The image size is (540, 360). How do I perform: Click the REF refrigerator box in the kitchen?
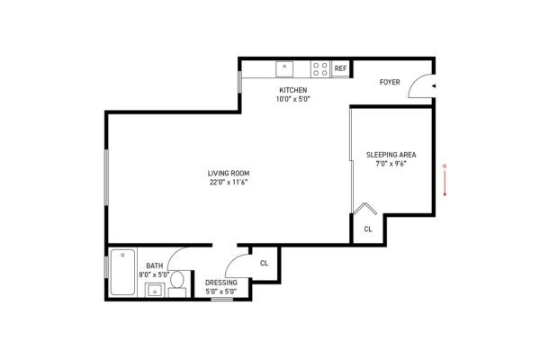[340, 68]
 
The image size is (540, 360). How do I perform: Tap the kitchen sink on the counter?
[284, 67]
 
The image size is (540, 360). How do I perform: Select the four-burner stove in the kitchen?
[319, 67]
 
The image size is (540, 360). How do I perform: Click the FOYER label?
[391, 82]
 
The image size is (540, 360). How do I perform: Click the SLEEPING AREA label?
[391, 155]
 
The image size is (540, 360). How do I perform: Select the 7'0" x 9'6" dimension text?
[391, 164]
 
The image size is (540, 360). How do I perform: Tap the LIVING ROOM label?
[228, 173]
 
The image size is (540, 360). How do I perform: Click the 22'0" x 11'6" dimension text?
[228, 182]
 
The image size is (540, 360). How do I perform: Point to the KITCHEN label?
[293, 91]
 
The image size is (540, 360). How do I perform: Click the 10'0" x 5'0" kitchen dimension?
[293, 100]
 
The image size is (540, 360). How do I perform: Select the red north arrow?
[444, 179]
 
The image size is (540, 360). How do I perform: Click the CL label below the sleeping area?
[367, 229]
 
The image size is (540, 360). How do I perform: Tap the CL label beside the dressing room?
[264, 263]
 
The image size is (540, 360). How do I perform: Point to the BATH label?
[155, 265]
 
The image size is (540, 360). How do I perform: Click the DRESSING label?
[220, 283]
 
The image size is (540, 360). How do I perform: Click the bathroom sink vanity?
[154, 290]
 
